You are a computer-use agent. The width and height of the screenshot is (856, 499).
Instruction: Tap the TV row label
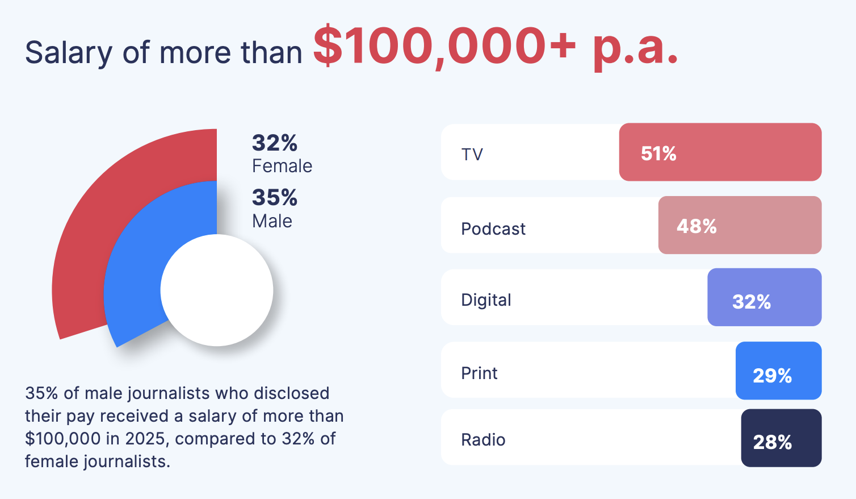[x=472, y=154]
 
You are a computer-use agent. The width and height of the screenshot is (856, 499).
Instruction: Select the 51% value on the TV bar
[x=658, y=153]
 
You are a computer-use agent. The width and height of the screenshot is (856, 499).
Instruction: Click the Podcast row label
[x=493, y=228]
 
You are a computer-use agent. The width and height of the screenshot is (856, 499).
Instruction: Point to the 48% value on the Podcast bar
[x=696, y=226]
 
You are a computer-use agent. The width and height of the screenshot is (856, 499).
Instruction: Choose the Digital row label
[x=486, y=300]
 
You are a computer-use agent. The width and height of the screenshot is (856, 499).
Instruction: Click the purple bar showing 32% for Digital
[x=764, y=298]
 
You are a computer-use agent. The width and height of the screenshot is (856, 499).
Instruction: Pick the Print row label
[x=479, y=373]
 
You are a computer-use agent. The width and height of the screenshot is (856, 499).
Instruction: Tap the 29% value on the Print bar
[x=772, y=375]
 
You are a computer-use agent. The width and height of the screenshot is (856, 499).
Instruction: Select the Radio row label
[x=483, y=439]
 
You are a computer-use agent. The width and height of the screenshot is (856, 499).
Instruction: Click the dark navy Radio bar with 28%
[x=781, y=438]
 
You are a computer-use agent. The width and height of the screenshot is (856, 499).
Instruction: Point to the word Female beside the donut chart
[x=282, y=166]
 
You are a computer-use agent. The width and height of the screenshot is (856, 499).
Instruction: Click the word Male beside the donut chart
[x=272, y=221]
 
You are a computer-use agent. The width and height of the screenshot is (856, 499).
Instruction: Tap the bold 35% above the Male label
[x=275, y=198]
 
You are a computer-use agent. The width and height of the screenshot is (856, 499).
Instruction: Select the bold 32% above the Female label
[x=275, y=143]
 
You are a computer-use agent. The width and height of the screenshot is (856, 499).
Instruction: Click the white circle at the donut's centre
[x=217, y=290]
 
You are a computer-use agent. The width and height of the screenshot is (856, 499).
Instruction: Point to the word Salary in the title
[x=69, y=53]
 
